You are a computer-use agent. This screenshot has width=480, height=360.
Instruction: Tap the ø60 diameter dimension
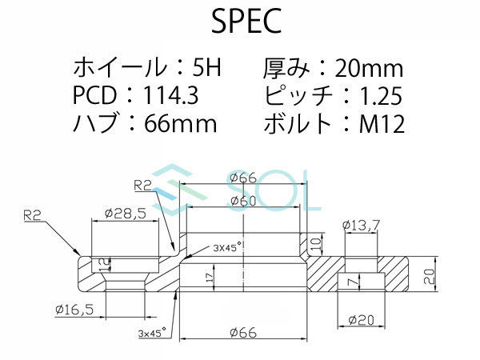(242, 202)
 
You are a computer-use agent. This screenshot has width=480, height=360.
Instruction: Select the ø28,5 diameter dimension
(123, 214)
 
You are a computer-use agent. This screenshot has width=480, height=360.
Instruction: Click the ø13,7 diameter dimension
(360, 226)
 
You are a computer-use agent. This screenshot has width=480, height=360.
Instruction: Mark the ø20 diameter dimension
(362, 320)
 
